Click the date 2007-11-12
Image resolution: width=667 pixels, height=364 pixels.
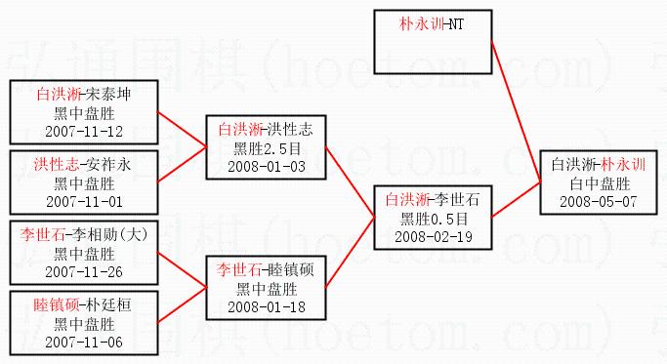[84, 132]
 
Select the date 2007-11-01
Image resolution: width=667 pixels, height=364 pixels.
[84, 202]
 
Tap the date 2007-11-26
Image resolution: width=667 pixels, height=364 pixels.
[84, 271]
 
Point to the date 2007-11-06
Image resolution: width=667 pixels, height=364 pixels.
[84, 342]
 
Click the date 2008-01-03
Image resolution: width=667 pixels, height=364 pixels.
[267, 166]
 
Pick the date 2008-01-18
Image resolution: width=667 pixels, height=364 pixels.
[267, 306]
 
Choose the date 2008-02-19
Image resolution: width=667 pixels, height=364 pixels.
[433, 236]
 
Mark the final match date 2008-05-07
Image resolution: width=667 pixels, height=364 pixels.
[598, 202]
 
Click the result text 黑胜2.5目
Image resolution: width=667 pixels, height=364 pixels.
[268, 148]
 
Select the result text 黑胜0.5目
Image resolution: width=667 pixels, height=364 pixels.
[434, 219]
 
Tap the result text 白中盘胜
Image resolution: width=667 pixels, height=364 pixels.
[600, 183]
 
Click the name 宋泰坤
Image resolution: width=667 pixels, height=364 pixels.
[108, 94]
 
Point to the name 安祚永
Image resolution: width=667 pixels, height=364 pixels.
[108, 164]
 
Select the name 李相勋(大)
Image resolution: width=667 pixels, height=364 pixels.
[109, 234]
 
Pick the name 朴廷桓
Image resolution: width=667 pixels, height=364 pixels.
[108, 304]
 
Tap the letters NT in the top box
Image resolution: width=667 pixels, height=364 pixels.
[456, 23]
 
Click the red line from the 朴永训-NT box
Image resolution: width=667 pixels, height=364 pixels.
[516, 111]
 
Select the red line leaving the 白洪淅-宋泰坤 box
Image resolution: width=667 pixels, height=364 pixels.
[182, 129]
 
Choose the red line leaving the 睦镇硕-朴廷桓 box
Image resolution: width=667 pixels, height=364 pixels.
[182, 304]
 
